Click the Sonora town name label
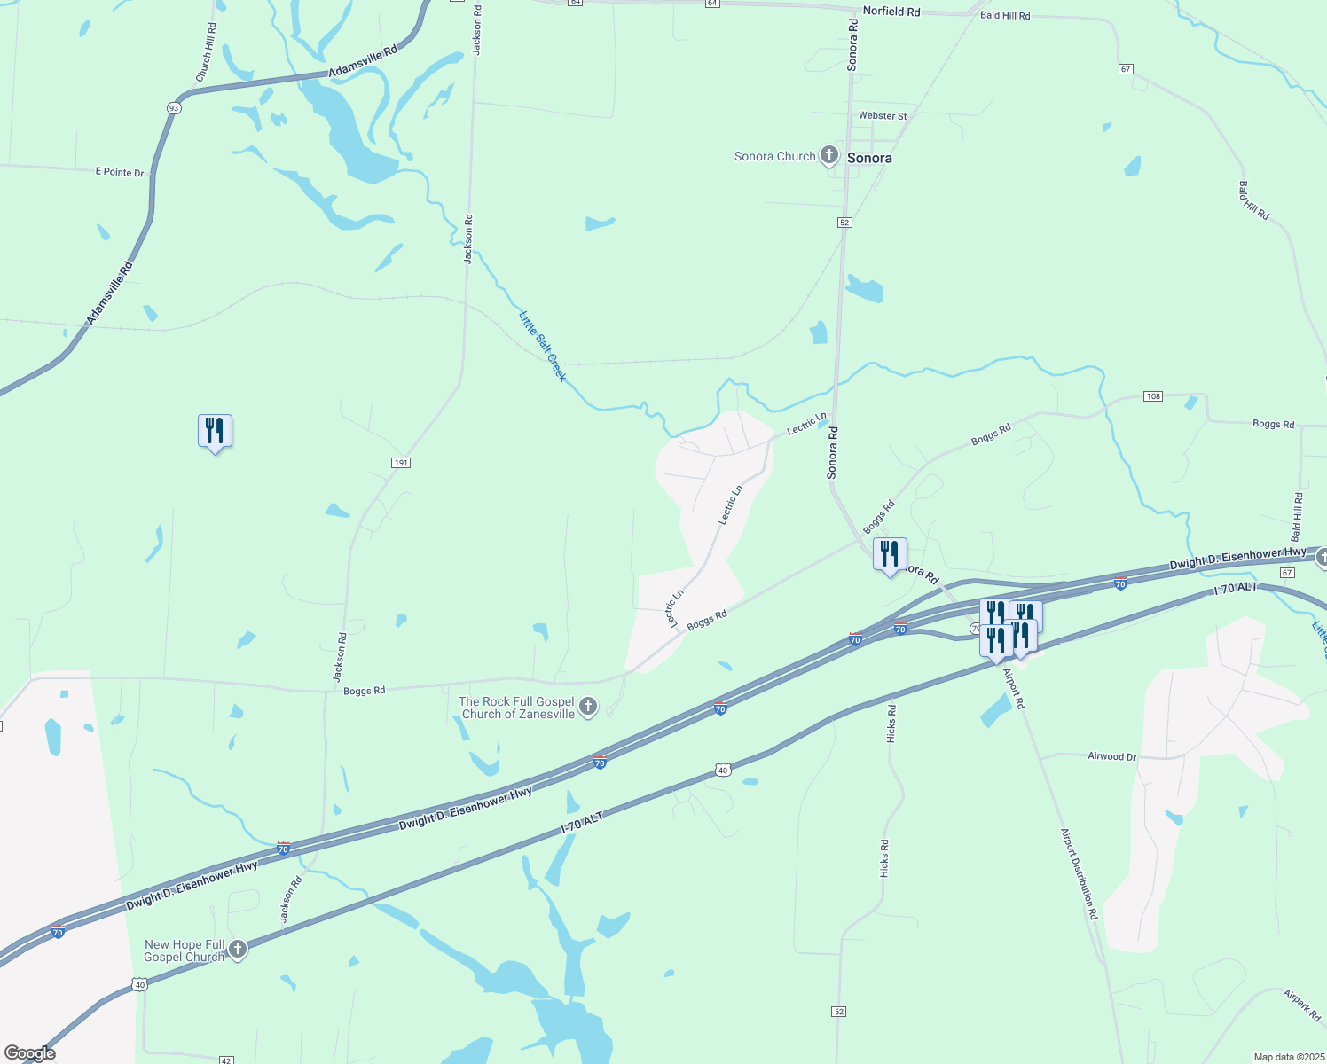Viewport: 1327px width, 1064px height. tap(869, 158)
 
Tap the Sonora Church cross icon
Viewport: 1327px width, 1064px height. tap(829, 156)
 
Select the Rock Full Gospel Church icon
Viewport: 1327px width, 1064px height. tap(588, 708)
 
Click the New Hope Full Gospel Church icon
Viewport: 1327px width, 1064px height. tap(237, 950)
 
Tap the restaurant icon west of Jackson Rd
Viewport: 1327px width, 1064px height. tap(215, 432)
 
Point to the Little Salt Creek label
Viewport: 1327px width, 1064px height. tap(542, 346)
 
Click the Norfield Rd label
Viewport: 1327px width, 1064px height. tap(891, 12)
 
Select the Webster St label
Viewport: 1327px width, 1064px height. tap(883, 116)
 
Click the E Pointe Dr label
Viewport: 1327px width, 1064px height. tap(120, 172)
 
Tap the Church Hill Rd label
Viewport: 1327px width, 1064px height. tap(205, 53)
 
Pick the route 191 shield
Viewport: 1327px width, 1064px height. tap(401, 463)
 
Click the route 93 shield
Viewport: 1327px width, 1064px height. tap(174, 108)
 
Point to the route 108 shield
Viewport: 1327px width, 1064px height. tap(1152, 396)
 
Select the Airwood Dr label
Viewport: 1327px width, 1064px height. tap(1111, 756)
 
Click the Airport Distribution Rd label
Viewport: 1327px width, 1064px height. tap(1080, 873)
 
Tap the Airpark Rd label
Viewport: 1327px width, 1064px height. tap(1301, 1005)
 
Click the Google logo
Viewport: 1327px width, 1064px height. tap(29, 1053)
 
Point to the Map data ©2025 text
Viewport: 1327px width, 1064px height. tap(1287, 1057)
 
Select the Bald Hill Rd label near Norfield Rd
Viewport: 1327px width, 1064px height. tap(1005, 16)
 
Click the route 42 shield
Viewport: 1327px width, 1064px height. tap(226, 1060)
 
